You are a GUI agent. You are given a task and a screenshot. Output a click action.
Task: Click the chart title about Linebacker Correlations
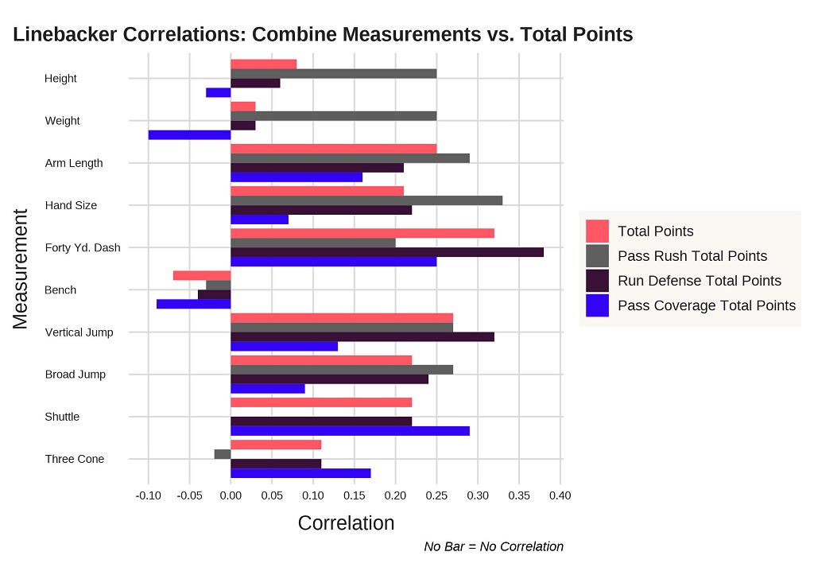click(323, 34)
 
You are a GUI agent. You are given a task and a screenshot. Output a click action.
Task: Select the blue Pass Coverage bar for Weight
click(189, 134)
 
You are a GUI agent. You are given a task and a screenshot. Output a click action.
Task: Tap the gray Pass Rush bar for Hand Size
click(366, 200)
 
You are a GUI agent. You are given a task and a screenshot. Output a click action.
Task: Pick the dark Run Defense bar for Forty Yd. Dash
click(387, 252)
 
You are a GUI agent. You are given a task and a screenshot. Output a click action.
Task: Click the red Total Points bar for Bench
click(202, 275)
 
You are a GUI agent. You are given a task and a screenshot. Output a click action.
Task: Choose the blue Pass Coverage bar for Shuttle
click(350, 431)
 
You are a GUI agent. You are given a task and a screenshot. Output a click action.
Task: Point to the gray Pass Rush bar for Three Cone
click(223, 454)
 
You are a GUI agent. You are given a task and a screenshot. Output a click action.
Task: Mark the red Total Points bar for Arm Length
click(334, 149)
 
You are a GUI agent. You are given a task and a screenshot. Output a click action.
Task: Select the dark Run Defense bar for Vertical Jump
click(362, 336)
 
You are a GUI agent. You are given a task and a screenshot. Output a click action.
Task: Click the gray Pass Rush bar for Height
click(334, 73)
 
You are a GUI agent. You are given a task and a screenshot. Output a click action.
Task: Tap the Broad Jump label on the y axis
click(76, 375)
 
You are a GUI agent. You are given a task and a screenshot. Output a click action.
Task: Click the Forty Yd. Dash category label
click(83, 247)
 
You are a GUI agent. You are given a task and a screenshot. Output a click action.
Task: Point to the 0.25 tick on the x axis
click(436, 495)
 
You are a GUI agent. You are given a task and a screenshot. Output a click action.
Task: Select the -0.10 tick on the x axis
click(147, 495)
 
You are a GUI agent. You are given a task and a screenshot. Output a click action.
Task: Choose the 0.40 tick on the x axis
click(560, 495)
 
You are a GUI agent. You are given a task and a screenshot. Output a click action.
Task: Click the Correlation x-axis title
click(346, 523)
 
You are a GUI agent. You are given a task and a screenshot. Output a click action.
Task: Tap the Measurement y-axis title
click(21, 268)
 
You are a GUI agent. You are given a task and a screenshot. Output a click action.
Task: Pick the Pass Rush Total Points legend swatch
click(597, 256)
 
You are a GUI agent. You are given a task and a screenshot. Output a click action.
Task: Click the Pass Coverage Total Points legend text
click(706, 305)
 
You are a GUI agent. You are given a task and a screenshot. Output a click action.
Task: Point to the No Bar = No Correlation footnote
click(494, 546)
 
